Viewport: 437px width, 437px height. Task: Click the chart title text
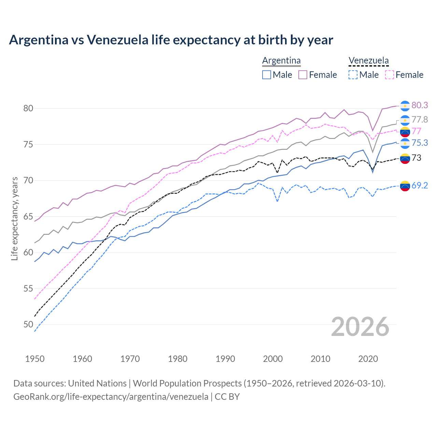pos(171,40)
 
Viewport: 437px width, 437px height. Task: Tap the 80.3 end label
pos(420,105)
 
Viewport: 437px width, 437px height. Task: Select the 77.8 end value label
pos(420,119)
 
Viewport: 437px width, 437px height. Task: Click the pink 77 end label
pos(416,131)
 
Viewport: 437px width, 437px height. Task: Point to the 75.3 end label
pos(420,143)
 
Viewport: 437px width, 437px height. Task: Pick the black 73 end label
pos(416,158)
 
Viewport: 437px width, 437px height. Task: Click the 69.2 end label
pos(420,185)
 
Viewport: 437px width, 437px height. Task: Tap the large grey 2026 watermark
pos(360,327)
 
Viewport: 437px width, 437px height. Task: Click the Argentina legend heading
pos(281,60)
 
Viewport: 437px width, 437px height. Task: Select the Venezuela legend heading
pos(368,60)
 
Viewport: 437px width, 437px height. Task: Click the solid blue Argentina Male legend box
pos(267,75)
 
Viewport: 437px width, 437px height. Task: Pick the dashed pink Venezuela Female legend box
pos(390,75)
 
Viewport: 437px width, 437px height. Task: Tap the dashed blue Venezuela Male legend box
pos(353,75)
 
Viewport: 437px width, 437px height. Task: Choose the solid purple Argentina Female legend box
pos(303,75)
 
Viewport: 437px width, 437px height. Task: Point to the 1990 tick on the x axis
pos(225,359)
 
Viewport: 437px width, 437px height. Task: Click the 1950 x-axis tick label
pos(35,359)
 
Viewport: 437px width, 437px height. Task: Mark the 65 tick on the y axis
pos(28,216)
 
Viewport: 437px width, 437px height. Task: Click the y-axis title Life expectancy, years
pos(14,218)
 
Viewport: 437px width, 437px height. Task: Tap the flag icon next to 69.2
pos(405,186)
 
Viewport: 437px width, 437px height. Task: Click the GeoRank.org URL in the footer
pos(111,397)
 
